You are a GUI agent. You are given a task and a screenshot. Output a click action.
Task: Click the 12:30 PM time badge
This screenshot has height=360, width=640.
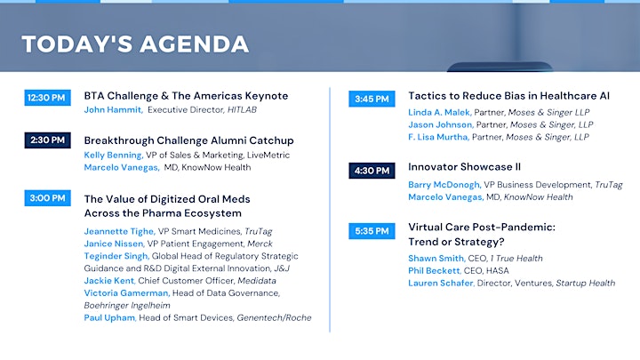coord(47,98)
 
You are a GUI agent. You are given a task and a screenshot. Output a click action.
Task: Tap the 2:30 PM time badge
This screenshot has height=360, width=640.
coord(47,140)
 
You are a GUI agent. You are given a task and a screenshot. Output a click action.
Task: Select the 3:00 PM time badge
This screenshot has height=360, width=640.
coord(47,198)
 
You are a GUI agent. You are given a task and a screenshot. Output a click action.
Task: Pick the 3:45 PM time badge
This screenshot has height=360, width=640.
coord(372,99)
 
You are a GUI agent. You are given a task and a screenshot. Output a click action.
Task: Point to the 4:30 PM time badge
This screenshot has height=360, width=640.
coord(372,171)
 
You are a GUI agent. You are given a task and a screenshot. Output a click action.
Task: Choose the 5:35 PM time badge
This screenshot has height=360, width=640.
coord(372,231)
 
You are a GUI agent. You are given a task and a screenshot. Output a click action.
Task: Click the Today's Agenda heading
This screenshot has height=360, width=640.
coord(135,44)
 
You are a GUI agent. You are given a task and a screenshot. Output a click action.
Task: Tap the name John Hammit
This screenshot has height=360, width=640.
coord(113,110)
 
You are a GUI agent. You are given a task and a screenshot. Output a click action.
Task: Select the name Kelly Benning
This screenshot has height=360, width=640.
coord(114,155)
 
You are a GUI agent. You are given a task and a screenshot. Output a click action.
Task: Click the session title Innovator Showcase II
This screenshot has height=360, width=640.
coord(465,167)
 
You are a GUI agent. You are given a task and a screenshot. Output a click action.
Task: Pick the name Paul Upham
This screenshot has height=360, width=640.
coord(110,317)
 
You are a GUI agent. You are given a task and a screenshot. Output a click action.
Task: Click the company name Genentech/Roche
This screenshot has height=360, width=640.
coord(274,317)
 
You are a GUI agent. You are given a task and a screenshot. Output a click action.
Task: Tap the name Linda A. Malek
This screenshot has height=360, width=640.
coord(440,112)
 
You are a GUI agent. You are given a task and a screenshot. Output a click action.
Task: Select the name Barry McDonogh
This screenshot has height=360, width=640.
coord(444,185)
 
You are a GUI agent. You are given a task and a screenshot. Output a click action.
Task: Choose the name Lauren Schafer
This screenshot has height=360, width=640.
coord(441,283)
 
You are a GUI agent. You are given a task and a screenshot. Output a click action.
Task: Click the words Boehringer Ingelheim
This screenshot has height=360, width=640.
coord(127,305)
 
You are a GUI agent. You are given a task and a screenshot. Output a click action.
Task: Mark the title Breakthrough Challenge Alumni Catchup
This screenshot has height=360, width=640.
coord(189,140)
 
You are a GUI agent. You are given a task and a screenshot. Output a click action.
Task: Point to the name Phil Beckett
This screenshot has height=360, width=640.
coord(435,270)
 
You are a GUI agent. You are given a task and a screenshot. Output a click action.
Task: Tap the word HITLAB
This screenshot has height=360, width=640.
coord(242,110)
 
